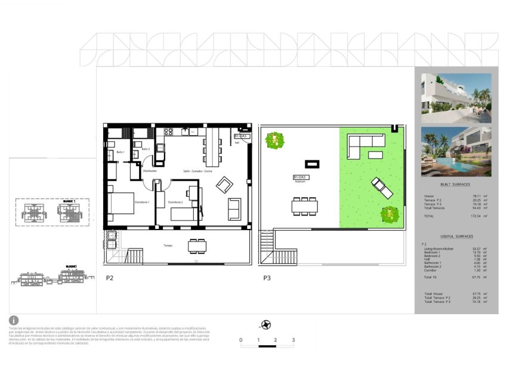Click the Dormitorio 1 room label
point(140,202)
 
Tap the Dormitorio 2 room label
point(175,202)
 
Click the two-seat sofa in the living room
point(234,209)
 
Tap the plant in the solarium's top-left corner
point(274,140)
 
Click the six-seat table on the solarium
point(304,206)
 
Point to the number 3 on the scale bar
point(293,340)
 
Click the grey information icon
point(14,320)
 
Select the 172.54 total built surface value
point(475,216)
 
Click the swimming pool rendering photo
point(456,151)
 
